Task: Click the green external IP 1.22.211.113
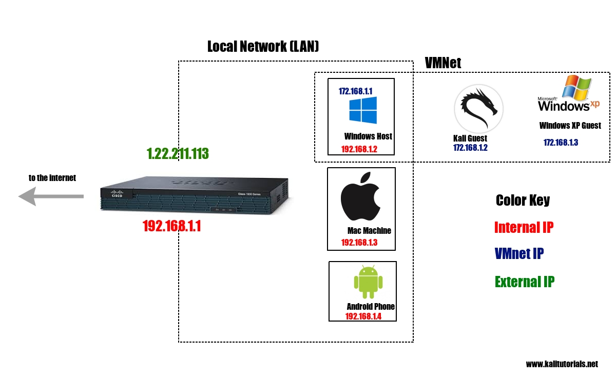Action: (178, 153)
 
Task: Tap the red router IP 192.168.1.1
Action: (172, 226)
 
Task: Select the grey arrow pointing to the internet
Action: (51, 196)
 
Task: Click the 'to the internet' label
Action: (52, 178)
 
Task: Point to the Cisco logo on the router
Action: (117, 193)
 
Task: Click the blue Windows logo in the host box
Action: (363, 110)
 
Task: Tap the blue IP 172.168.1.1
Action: (355, 91)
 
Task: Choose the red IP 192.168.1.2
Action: (359, 149)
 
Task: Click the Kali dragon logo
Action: (479, 109)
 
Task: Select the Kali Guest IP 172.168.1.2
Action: (470, 148)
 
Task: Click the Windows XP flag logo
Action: (576, 87)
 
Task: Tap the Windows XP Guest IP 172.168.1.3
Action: (561, 143)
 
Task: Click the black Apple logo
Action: (360, 196)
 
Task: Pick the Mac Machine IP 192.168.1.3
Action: (359, 243)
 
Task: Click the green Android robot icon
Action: (368, 282)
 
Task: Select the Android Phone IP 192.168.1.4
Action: (363, 316)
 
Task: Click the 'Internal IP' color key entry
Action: (524, 228)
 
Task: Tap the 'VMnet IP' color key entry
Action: (519, 253)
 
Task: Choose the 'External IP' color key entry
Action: (525, 282)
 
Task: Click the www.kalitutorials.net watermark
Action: (562, 364)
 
